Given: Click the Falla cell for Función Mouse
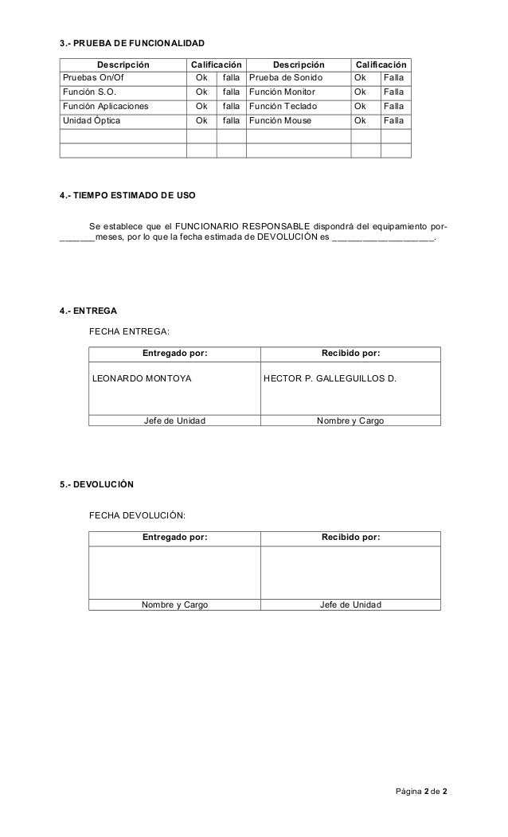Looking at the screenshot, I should tap(393, 121).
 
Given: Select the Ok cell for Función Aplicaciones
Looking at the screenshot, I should tap(201, 107).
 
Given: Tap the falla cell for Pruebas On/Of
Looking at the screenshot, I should tap(231, 78).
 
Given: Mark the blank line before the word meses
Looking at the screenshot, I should tap(77, 238).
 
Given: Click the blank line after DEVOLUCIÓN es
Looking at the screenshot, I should tap(382, 238).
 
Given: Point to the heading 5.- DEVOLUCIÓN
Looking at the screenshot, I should tap(96, 484).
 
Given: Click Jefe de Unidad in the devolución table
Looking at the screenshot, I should tap(350, 605).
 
